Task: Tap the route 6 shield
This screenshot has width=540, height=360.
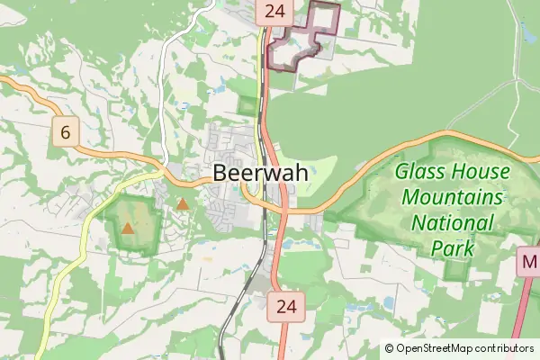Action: pos(65,133)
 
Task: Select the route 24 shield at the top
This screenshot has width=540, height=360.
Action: pos(274,12)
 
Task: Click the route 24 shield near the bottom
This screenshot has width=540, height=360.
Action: pos(286,306)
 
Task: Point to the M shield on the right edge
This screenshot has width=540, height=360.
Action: pos(528,264)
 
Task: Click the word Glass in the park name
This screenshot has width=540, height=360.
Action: pos(418,171)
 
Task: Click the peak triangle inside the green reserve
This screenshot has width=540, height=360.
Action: pos(128,229)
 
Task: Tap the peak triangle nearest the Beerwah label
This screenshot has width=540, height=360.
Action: pos(183,204)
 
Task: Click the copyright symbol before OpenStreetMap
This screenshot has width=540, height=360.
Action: pos(389,348)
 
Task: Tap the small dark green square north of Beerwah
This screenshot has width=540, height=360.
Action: pos(247,105)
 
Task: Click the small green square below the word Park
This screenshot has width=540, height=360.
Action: pos(457,270)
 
